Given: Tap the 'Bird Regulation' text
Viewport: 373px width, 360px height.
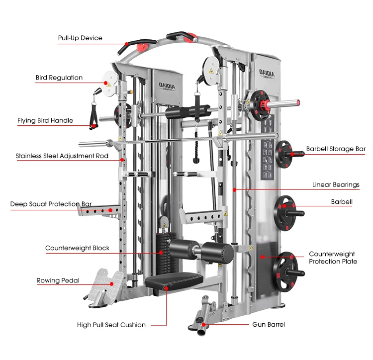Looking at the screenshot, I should coord(59,78).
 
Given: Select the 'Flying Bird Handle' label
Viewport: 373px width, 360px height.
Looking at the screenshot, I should coord(45,120).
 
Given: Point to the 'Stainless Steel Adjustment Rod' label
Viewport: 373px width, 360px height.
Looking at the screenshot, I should coord(62,156).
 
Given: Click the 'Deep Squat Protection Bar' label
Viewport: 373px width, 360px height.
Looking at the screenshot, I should coord(51,204).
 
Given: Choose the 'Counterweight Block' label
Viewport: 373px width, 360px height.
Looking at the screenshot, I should coord(77,248).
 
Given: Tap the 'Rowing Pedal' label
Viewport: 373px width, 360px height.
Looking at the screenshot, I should coord(58,280).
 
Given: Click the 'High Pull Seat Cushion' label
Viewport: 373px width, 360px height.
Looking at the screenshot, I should coord(111,325).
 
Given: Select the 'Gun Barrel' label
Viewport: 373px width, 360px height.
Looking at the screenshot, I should coord(269,324).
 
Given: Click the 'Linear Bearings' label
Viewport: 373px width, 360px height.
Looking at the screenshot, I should coord(336,184).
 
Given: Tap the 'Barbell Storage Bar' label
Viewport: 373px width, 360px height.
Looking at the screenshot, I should coord(336,149).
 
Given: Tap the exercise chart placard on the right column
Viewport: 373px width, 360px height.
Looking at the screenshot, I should coord(269,149).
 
